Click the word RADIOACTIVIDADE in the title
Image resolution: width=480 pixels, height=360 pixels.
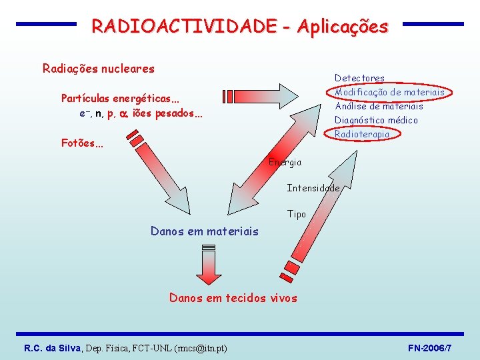pyautogui.click(x=183, y=26)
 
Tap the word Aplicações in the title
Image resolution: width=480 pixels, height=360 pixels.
pyautogui.click(x=342, y=26)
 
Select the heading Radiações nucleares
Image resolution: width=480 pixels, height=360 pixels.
pyautogui.click(x=98, y=68)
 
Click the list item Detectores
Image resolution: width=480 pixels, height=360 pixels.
pyautogui.click(x=359, y=78)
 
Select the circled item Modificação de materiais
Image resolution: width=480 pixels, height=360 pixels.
pyautogui.click(x=389, y=92)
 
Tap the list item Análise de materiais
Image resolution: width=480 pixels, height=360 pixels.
pyautogui.click(x=379, y=106)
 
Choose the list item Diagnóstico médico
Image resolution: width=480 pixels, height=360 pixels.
pyautogui.click(x=376, y=120)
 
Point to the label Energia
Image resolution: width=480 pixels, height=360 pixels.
pyautogui.click(x=285, y=162)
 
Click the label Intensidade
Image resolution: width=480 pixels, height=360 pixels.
pyautogui.click(x=313, y=188)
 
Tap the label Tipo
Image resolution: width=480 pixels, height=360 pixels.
pyautogui.click(x=297, y=214)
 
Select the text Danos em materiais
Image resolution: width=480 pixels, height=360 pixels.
pyautogui.click(x=204, y=231)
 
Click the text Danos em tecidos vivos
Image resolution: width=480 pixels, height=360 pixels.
pyautogui.click(x=233, y=298)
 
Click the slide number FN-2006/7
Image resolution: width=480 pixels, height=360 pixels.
pyautogui.click(x=430, y=348)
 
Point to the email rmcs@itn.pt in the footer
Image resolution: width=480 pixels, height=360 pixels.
pyautogui.click(x=199, y=348)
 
